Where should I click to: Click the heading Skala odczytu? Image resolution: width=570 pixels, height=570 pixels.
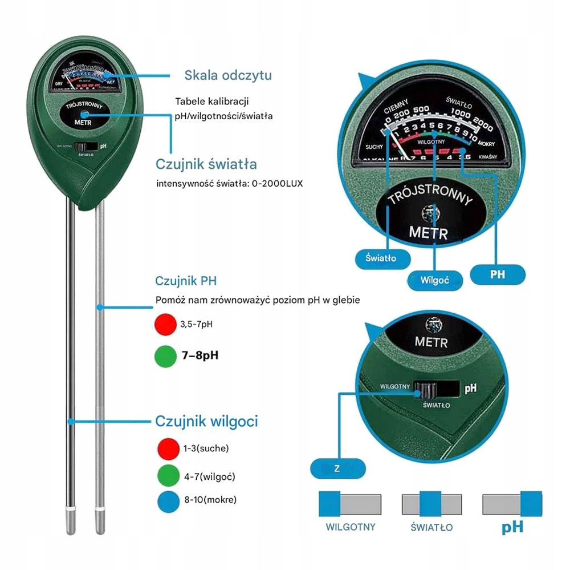coord(227,75)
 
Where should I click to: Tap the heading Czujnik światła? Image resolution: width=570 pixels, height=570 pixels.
coord(206,164)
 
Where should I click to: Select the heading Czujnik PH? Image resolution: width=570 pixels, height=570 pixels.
coord(186,281)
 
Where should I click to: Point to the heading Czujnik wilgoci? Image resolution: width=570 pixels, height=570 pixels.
coord(206,421)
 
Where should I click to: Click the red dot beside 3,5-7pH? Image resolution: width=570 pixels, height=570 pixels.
coord(164,325)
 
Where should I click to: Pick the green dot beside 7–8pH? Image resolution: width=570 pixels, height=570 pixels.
coord(164,355)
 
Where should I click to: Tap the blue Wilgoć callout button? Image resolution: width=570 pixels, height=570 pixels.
coord(435,280)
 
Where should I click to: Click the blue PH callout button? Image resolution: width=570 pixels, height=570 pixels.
coord(497,274)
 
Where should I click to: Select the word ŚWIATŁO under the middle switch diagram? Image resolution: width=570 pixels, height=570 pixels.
coord(431,527)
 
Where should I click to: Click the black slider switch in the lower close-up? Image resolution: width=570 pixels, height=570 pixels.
coord(427,391)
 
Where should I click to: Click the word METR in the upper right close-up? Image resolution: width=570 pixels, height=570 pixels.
coord(429,233)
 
